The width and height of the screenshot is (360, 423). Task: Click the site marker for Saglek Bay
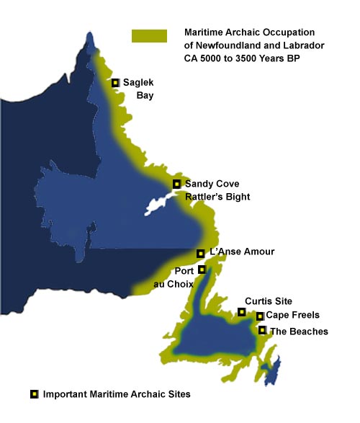click(115, 83)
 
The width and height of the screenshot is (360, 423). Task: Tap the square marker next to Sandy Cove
click(176, 184)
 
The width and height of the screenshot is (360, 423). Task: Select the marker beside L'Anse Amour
click(200, 253)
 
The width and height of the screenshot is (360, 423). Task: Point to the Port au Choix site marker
click(202, 270)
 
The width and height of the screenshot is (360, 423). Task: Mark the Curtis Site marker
click(242, 312)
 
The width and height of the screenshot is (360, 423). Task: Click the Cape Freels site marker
click(259, 316)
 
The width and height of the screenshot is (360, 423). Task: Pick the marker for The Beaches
click(262, 331)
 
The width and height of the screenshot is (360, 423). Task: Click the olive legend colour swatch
click(149, 36)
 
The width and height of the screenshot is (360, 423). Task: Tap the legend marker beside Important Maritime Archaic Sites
click(34, 394)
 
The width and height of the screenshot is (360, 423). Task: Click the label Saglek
click(138, 82)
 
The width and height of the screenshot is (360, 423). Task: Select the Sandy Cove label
click(212, 184)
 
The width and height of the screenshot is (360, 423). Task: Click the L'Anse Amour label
click(241, 251)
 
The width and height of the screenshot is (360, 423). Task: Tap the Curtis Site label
click(269, 301)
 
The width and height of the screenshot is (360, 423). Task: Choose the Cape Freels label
click(292, 316)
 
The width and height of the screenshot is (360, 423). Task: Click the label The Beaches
click(298, 331)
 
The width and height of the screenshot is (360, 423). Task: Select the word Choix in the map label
click(171, 285)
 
